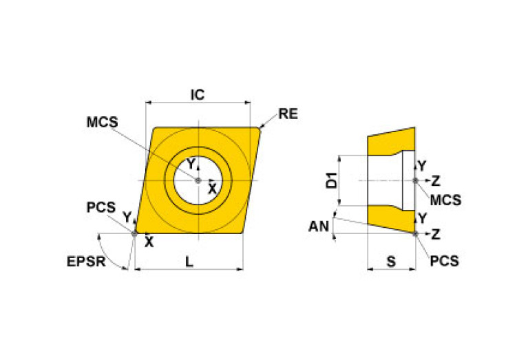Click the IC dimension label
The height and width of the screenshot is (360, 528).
[198, 94]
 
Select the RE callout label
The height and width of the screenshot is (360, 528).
[288, 114]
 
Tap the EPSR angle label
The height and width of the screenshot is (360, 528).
[86, 262]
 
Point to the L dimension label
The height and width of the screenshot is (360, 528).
[189, 262]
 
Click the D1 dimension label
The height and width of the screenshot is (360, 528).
[332, 180]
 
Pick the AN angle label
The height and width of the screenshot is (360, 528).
[319, 226]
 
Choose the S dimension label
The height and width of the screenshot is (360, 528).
[391, 262]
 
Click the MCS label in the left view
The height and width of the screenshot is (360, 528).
[103, 122]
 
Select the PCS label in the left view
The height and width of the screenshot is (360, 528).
[101, 207]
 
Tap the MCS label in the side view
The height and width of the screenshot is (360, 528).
[445, 200]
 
